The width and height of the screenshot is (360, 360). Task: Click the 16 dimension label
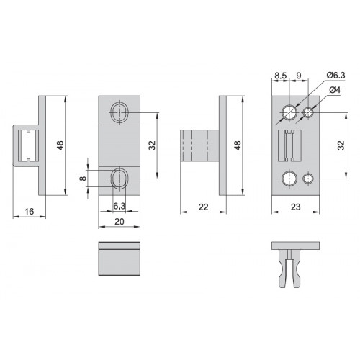point(30,212)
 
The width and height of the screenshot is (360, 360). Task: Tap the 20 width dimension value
point(120,222)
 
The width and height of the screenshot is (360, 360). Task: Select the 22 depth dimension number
point(203,207)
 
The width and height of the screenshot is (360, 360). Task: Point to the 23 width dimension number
point(295,207)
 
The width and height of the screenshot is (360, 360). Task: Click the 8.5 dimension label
point(281,76)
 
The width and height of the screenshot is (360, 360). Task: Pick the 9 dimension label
point(299,76)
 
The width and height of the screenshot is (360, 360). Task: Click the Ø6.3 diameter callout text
point(336,76)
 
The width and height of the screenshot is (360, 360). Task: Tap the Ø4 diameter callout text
point(335,90)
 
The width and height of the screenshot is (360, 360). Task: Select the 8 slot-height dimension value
point(83,179)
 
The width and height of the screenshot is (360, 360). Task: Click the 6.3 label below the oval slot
point(120,206)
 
